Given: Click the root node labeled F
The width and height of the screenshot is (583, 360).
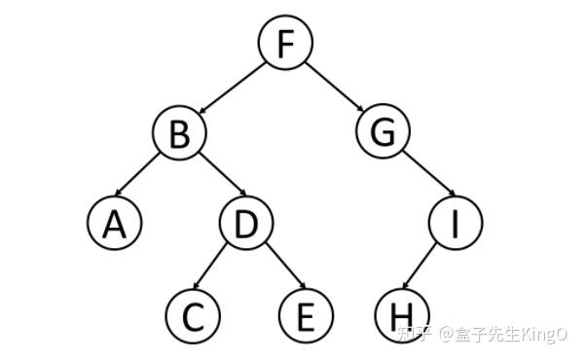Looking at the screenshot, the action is click(285, 45).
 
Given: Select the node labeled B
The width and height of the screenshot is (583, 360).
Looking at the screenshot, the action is click(179, 133).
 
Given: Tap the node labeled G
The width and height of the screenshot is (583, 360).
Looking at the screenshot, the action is click(382, 133).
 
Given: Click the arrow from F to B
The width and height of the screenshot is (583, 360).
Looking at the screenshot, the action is click(232, 89).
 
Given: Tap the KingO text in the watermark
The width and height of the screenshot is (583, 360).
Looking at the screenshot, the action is click(539, 335).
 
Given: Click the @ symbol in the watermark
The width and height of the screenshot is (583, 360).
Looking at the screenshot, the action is click(446, 335).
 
